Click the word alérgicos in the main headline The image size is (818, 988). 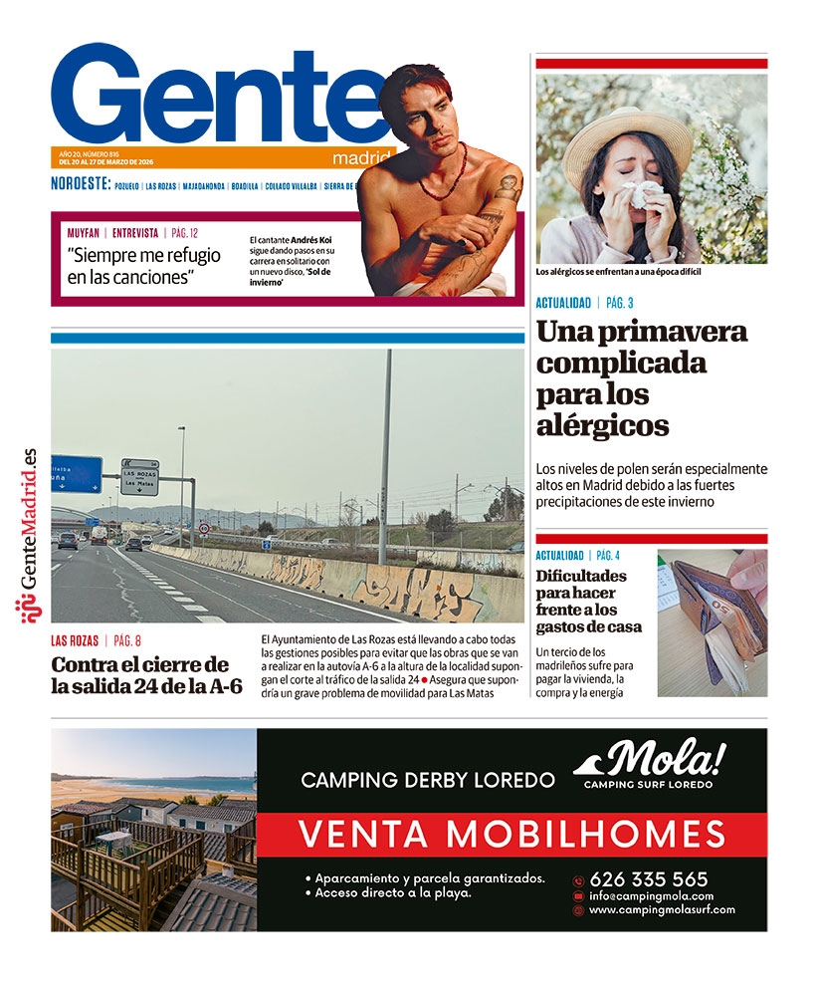(601, 426)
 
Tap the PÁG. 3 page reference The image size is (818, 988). (620, 303)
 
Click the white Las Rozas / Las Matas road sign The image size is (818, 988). (139, 476)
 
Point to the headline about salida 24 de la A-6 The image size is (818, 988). (146, 675)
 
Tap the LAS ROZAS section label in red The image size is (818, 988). (75, 641)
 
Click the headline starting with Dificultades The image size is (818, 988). (588, 601)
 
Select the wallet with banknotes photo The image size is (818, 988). (712, 622)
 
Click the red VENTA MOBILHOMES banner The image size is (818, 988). (511, 833)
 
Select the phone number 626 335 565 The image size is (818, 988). (648, 879)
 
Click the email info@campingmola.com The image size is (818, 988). (651, 895)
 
